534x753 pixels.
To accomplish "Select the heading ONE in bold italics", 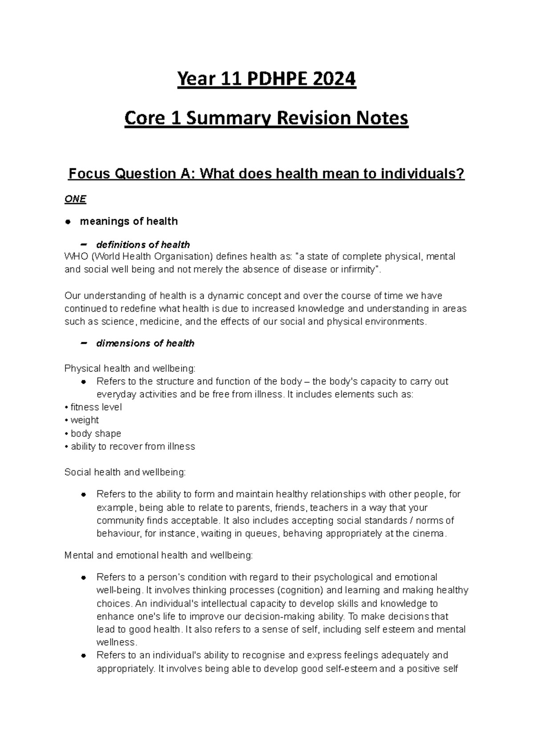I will click(75, 199).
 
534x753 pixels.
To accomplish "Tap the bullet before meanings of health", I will click(68, 222).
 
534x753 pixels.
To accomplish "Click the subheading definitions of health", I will click(143, 244).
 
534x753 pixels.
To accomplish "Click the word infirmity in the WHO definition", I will click(360, 270).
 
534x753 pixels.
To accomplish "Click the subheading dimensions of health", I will click(145, 343).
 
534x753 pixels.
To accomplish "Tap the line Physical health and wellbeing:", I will click(129, 368).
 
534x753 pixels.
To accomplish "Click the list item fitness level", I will click(96, 407).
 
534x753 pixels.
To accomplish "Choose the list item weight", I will click(85, 420).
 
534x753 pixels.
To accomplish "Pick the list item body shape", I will click(96, 433).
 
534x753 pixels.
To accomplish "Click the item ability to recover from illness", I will click(133, 446).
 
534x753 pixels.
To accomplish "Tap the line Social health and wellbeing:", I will click(125, 472).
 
